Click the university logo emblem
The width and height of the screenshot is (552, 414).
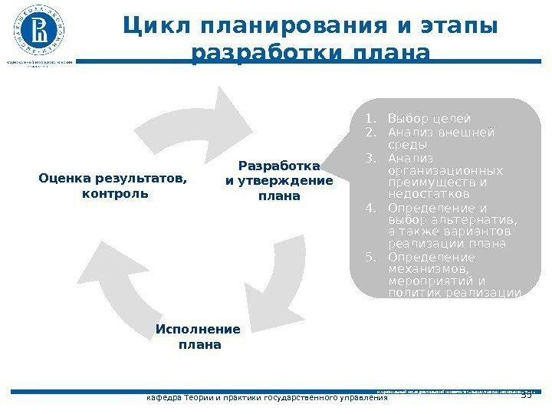pos(38,31)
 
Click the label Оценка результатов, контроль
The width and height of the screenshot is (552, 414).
pos(113,186)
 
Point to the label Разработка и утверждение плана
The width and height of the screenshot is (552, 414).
pos(279,181)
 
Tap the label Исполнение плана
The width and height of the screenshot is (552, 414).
pos(199,337)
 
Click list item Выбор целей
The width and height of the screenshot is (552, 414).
pos(429,119)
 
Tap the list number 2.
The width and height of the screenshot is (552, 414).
pos(370,132)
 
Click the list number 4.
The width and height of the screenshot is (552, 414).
pos(370,209)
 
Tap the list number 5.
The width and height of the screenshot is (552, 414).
pos(370,258)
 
